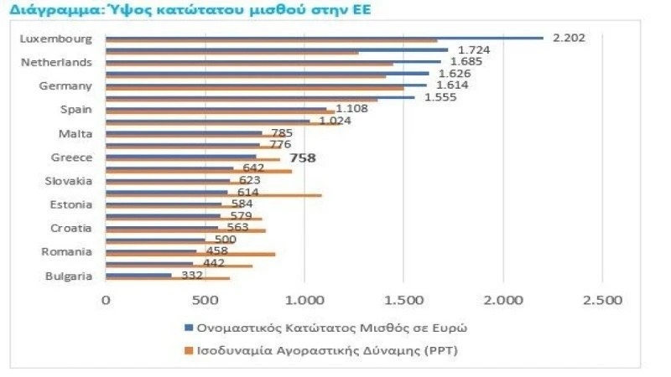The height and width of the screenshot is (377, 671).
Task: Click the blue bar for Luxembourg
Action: (x=324, y=37)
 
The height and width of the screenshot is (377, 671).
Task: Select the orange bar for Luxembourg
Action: (x=271, y=41)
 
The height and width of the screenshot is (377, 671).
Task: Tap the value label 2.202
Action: (x=569, y=38)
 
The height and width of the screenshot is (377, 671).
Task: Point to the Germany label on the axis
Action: (x=66, y=85)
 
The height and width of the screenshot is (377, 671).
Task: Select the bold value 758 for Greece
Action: (x=302, y=157)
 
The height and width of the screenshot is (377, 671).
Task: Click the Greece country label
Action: (x=73, y=157)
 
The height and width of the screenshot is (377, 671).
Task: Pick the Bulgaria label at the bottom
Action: (x=69, y=276)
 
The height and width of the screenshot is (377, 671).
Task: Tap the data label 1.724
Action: (x=474, y=49)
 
